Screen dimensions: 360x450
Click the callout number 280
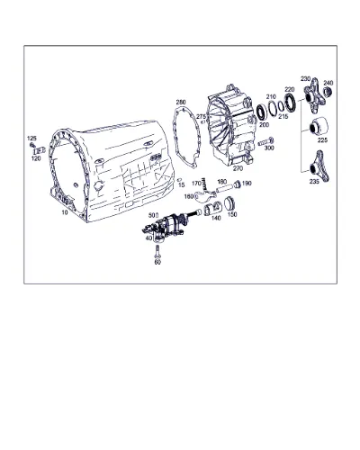[181, 102]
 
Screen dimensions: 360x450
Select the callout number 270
[238, 168]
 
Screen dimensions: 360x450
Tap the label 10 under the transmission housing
[65, 212]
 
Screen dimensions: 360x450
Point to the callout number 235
[314, 182]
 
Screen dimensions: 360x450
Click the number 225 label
[322, 140]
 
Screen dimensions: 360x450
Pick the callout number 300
[269, 148]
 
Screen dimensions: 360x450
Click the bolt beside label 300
[265, 141]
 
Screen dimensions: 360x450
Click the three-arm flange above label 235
[319, 166]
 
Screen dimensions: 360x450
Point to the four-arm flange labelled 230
[314, 95]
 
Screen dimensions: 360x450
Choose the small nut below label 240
[328, 91]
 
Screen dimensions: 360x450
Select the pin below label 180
[223, 189]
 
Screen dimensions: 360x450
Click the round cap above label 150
[229, 203]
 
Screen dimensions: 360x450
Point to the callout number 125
[31, 139]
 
